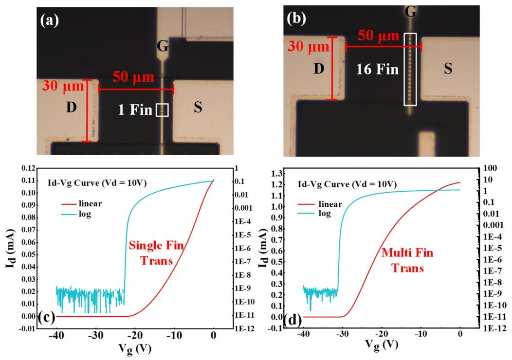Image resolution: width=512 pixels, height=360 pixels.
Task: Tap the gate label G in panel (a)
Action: (163, 47)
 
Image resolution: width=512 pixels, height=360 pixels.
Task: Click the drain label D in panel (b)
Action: (318, 69)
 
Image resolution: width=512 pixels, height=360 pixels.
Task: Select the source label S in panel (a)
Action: (198, 108)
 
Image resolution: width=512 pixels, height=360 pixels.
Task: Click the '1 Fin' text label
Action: (136, 110)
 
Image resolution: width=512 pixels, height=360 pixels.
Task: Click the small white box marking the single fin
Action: (162, 110)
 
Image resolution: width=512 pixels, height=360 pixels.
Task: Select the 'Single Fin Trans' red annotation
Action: (156, 253)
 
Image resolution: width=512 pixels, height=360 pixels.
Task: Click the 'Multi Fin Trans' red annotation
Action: (407, 260)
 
